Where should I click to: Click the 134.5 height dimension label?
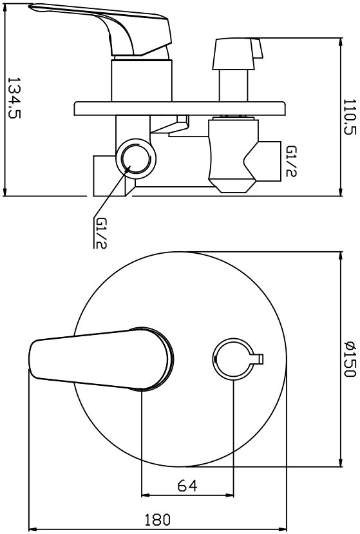[x=14, y=98]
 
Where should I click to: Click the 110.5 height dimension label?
[x=350, y=117]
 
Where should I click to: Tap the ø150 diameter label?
[x=350, y=359]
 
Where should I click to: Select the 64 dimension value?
[x=187, y=485]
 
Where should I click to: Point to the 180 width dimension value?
[x=157, y=520]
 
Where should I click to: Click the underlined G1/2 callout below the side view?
[x=101, y=233]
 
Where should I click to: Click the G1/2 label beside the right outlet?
[x=291, y=161]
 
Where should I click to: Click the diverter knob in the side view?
[x=238, y=54]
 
